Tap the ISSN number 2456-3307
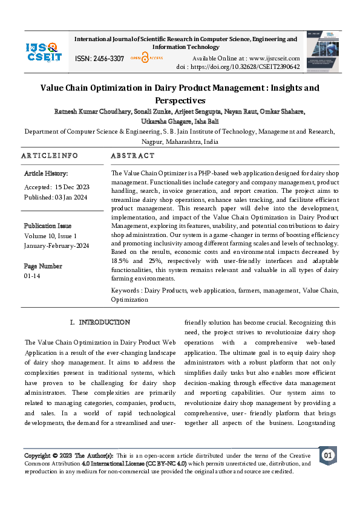(x=109, y=59)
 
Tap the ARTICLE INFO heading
(x=50, y=156)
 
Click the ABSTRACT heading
(x=133, y=156)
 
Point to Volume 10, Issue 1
(x=50, y=235)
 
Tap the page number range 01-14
(x=33, y=275)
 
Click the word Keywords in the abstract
(x=125, y=291)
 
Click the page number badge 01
(x=327, y=455)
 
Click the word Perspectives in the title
(x=180, y=100)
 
